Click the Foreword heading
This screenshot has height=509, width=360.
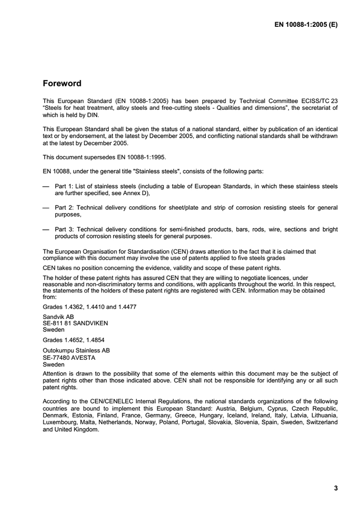click(x=62, y=83)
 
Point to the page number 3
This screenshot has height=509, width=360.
click(x=336, y=488)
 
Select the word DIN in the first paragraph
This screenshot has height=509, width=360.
click(x=80, y=115)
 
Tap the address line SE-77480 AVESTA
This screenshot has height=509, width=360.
click(x=69, y=357)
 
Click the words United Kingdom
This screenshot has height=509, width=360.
click(x=77, y=430)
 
